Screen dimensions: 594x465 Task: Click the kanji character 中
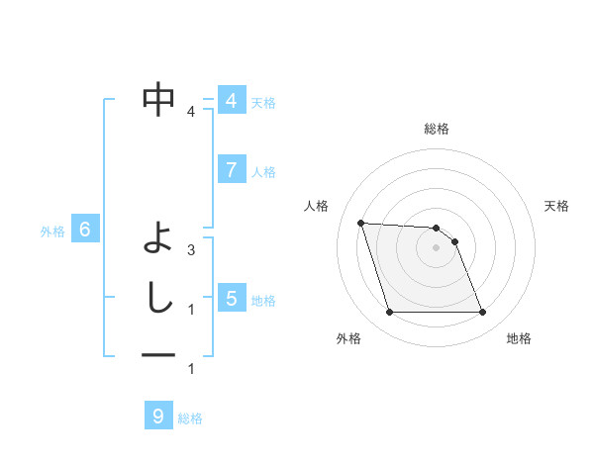(158, 100)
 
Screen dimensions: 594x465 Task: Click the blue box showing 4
(231, 101)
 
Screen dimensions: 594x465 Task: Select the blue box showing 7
(231, 170)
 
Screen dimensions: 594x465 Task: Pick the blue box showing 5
(231, 298)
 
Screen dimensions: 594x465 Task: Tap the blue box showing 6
(85, 231)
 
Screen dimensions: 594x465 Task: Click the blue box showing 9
(157, 417)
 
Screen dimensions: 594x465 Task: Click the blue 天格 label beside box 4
(262, 102)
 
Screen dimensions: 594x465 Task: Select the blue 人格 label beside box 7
(263, 171)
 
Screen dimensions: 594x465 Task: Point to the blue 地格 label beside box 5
(263, 300)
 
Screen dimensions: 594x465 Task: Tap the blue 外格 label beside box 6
(52, 232)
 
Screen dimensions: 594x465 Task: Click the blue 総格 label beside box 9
(190, 418)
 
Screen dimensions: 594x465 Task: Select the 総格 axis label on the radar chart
(436, 129)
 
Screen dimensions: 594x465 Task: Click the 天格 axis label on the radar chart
(556, 206)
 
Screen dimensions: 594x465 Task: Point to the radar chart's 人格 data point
(360, 223)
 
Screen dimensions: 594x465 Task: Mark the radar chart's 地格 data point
(482, 313)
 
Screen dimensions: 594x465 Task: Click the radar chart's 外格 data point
(389, 313)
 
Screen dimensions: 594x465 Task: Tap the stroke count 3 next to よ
(191, 250)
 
